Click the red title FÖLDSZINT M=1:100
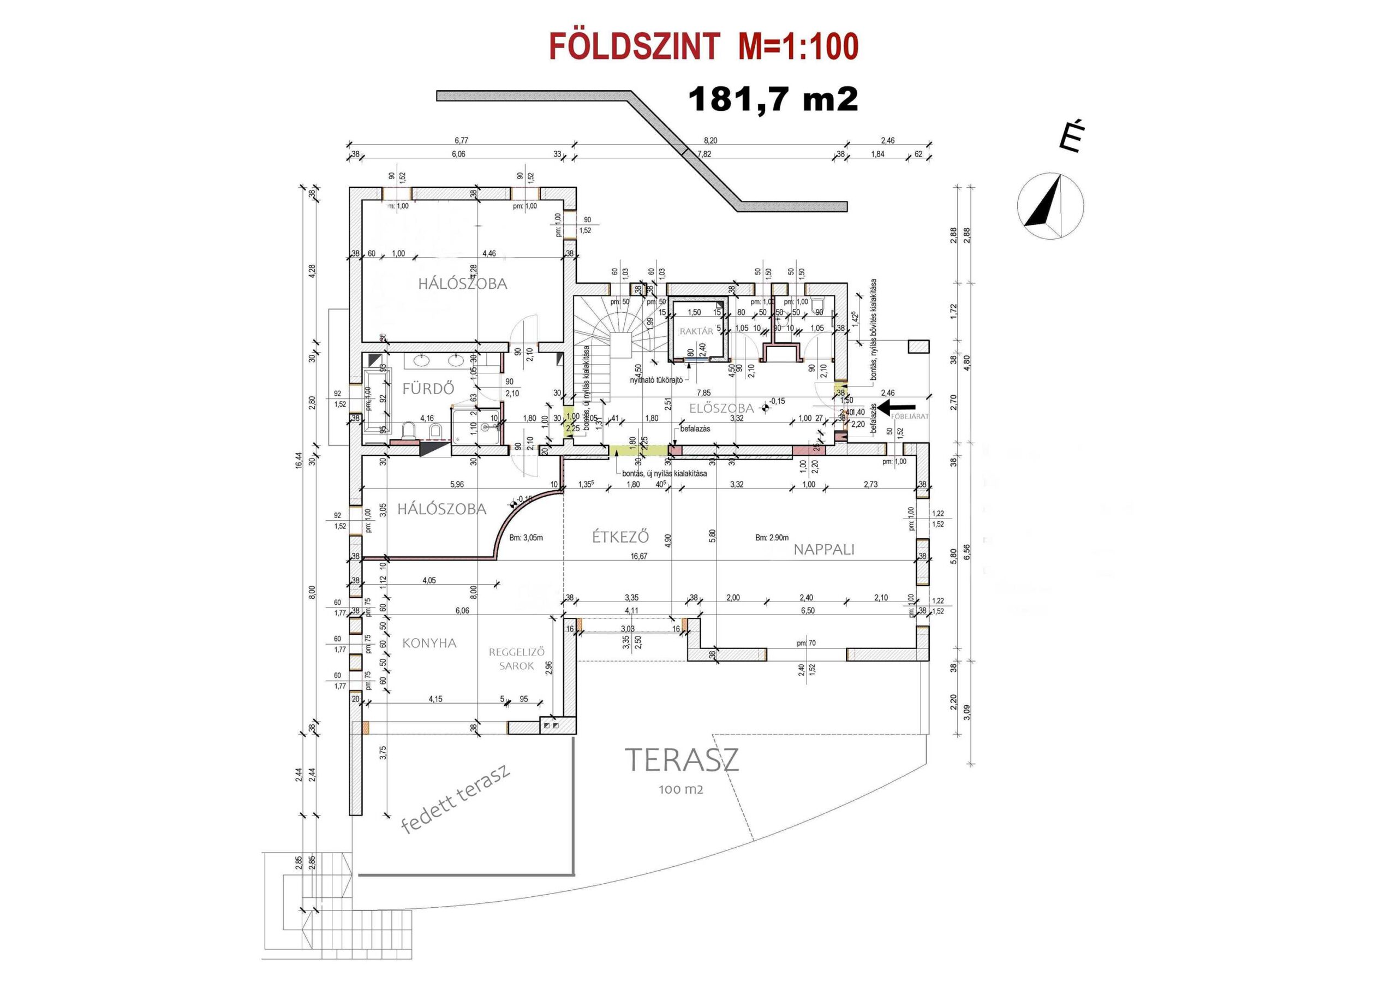pyautogui.click(x=703, y=47)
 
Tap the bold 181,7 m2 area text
pyautogui.click(x=773, y=99)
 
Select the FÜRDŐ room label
pyautogui.click(x=428, y=389)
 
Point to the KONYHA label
pyautogui.click(x=429, y=643)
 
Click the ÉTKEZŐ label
pyautogui.click(x=620, y=537)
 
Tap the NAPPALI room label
pyautogui.click(x=824, y=549)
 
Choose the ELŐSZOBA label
pyautogui.click(x=721, y=408)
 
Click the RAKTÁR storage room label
pyautogui.click(x=696, y=332)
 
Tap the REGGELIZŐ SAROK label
pyautogui.click(x=516, y=659)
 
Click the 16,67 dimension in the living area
pyautogui.click(x=639, y=556)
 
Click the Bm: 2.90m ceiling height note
pyautogui.click(x=772, y=538)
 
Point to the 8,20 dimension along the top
pyautogui.click(x=710, y=141)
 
